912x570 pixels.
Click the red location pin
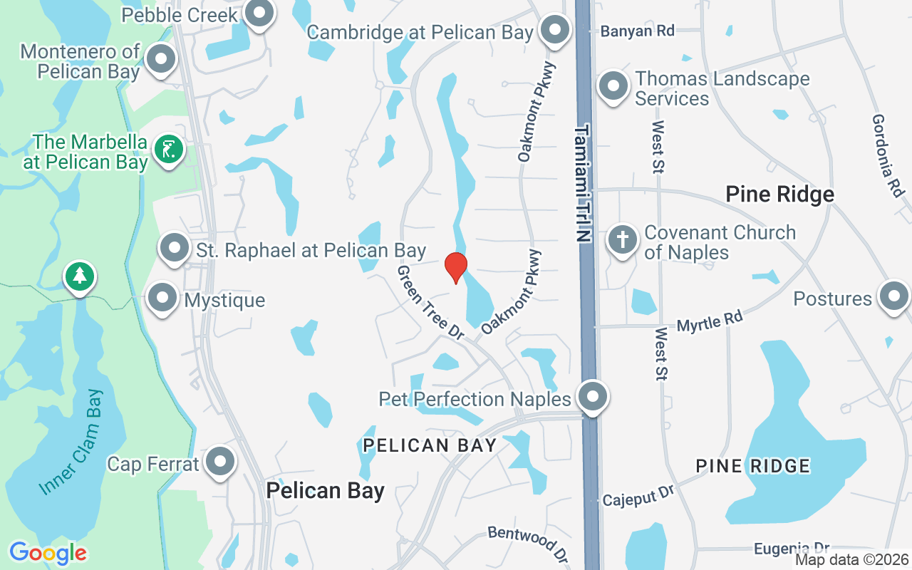click(x=455, y=267)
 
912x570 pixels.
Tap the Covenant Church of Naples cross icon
click(x=623, y=240)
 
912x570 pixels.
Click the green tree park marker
click(x=79, y=276)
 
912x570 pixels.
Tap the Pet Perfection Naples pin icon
click(x=592, y=396)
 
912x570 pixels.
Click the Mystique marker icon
click(x=162, y=299)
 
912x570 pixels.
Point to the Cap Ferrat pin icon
click(x=219, y=462)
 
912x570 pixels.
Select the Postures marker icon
click(x=893, y=296)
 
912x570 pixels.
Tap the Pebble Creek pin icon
click(x=259, y=13)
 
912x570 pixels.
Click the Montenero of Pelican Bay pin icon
click(x=162, y=60)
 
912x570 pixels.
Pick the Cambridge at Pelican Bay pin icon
click(x=554, y=31)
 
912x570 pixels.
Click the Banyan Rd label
click(x=637, y=31)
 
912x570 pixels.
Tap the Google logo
click(x=48, y=553)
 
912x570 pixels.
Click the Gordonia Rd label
click(x=888, y=156)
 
